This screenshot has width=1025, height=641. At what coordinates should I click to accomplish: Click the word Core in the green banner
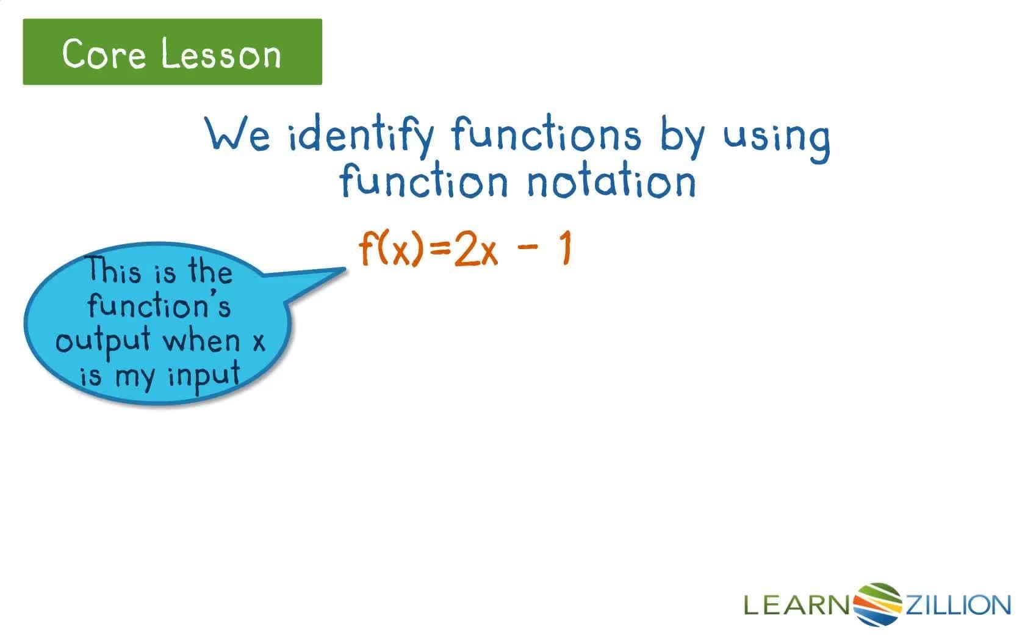[104, 54]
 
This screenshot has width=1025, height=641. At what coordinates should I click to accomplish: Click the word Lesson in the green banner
[221, 54]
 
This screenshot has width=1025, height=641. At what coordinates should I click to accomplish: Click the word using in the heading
[777, 137]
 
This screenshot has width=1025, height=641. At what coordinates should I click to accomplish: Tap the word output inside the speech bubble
[103, 340]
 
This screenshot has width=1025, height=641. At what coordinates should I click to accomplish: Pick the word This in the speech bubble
[114, 270]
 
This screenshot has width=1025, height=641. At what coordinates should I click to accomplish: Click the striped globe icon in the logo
[878, 604]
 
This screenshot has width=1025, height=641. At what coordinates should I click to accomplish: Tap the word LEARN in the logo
[797, 605]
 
